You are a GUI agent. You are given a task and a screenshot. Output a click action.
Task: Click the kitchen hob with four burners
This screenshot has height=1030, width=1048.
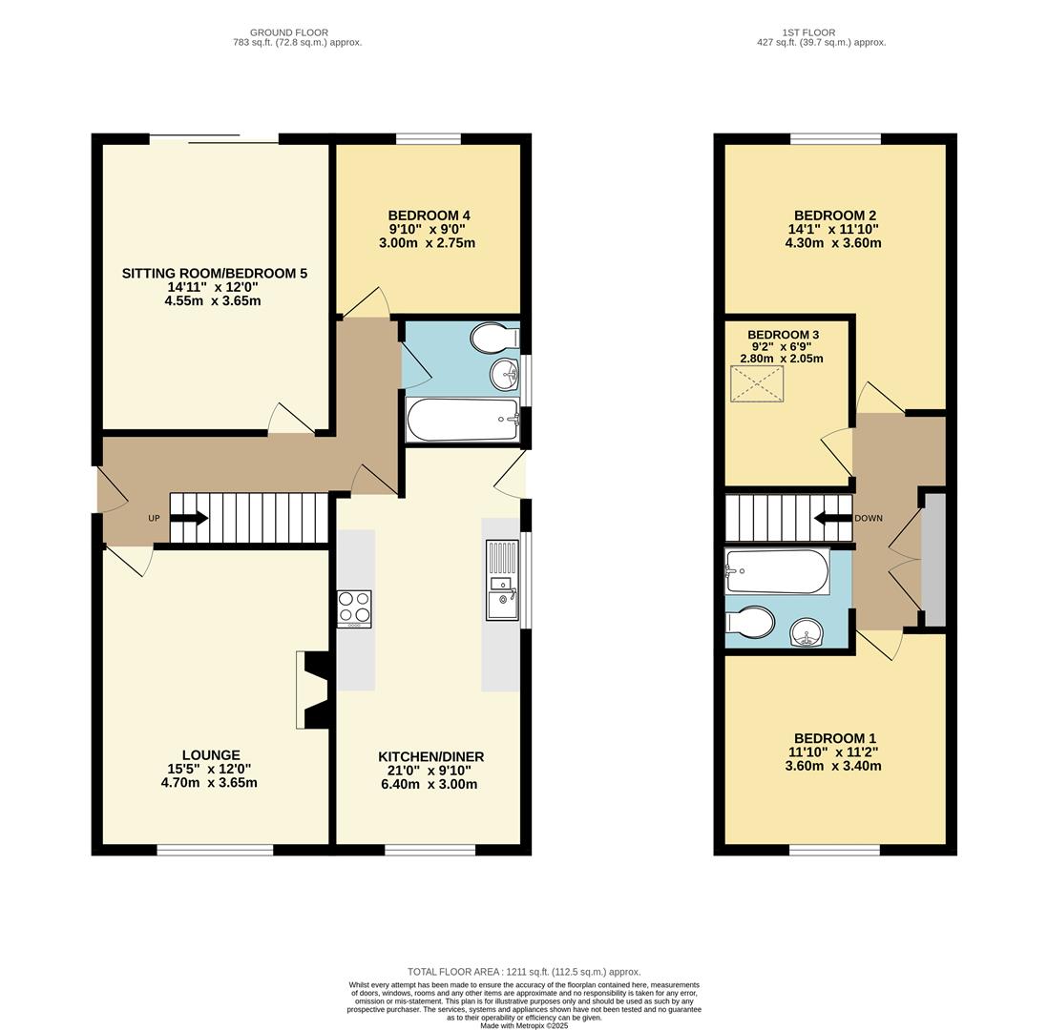click(x=354, y=608)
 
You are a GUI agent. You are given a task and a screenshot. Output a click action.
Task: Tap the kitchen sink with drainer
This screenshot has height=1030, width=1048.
click(x=501, y=580)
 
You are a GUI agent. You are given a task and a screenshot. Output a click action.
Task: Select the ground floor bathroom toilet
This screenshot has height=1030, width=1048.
click(x=494, y=338)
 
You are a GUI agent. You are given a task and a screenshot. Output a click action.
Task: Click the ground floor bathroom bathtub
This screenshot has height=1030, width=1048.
click(x=462, y=420)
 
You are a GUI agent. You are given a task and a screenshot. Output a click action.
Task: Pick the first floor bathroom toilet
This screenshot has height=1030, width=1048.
click(x=751, y=623)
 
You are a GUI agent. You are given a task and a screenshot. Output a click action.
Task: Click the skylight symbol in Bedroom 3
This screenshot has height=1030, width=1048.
click(x=756, y=384)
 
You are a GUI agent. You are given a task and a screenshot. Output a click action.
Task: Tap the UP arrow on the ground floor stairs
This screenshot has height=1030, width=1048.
click(x=189, y=519)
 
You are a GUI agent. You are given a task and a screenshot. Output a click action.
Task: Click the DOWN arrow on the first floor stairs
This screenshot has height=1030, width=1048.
click(x=832, y=519)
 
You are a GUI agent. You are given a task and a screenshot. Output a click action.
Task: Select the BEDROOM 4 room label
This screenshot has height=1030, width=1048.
click(x=429, y=216)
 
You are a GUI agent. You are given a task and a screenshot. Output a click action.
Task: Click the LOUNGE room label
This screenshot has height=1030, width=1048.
click(x=211, y=755)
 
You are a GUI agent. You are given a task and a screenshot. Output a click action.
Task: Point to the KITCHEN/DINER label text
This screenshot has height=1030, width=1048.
click(x=430, y=756)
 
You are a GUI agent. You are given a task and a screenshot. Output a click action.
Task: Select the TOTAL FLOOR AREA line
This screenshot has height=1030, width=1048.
click(x=524, y=971)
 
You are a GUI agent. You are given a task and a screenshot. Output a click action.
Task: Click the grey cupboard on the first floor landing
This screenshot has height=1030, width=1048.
click(x=934, y=560)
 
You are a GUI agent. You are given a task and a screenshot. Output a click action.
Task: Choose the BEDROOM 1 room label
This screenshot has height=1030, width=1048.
click(x=835, y=738)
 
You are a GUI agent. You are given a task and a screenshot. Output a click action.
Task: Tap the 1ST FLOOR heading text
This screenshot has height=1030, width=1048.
click(x=808, y=32)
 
